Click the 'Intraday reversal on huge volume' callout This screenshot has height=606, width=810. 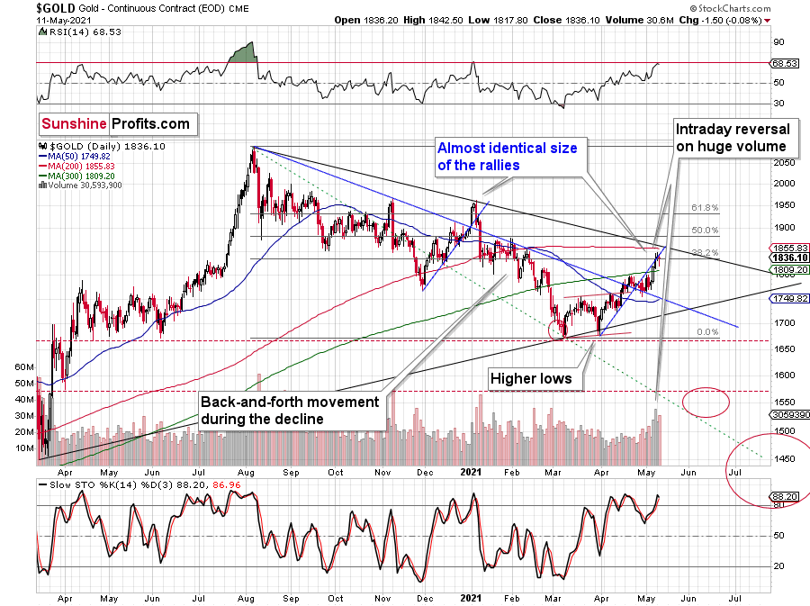733,139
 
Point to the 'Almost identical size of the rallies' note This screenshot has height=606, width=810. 506,155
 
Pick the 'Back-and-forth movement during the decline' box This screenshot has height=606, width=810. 290,409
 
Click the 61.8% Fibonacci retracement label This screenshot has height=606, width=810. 705,208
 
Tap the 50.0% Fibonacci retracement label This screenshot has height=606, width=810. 705,231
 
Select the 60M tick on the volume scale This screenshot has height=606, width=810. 24,367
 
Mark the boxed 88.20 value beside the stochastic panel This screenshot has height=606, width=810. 782,495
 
